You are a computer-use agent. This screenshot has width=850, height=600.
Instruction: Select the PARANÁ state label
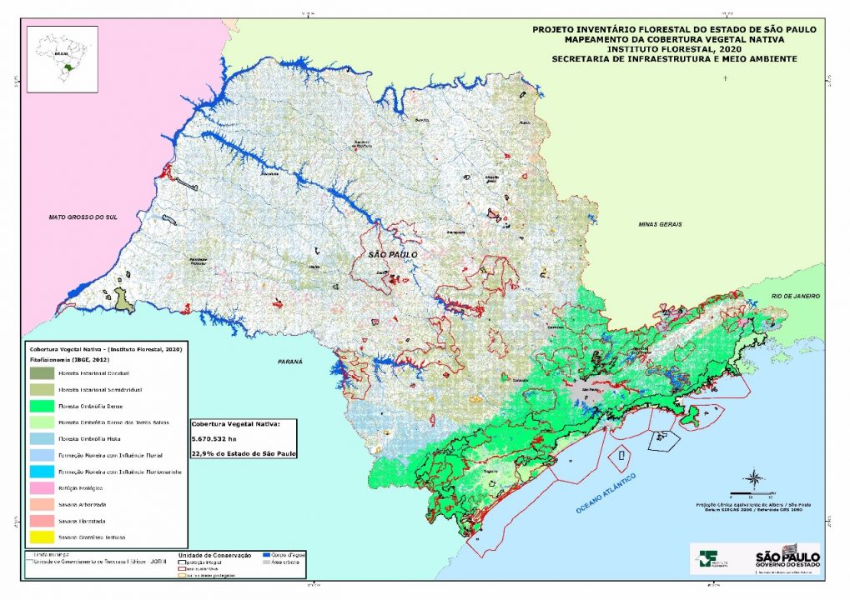tap(289, 362)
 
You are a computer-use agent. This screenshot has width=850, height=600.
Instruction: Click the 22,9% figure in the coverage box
tap(204, 453)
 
